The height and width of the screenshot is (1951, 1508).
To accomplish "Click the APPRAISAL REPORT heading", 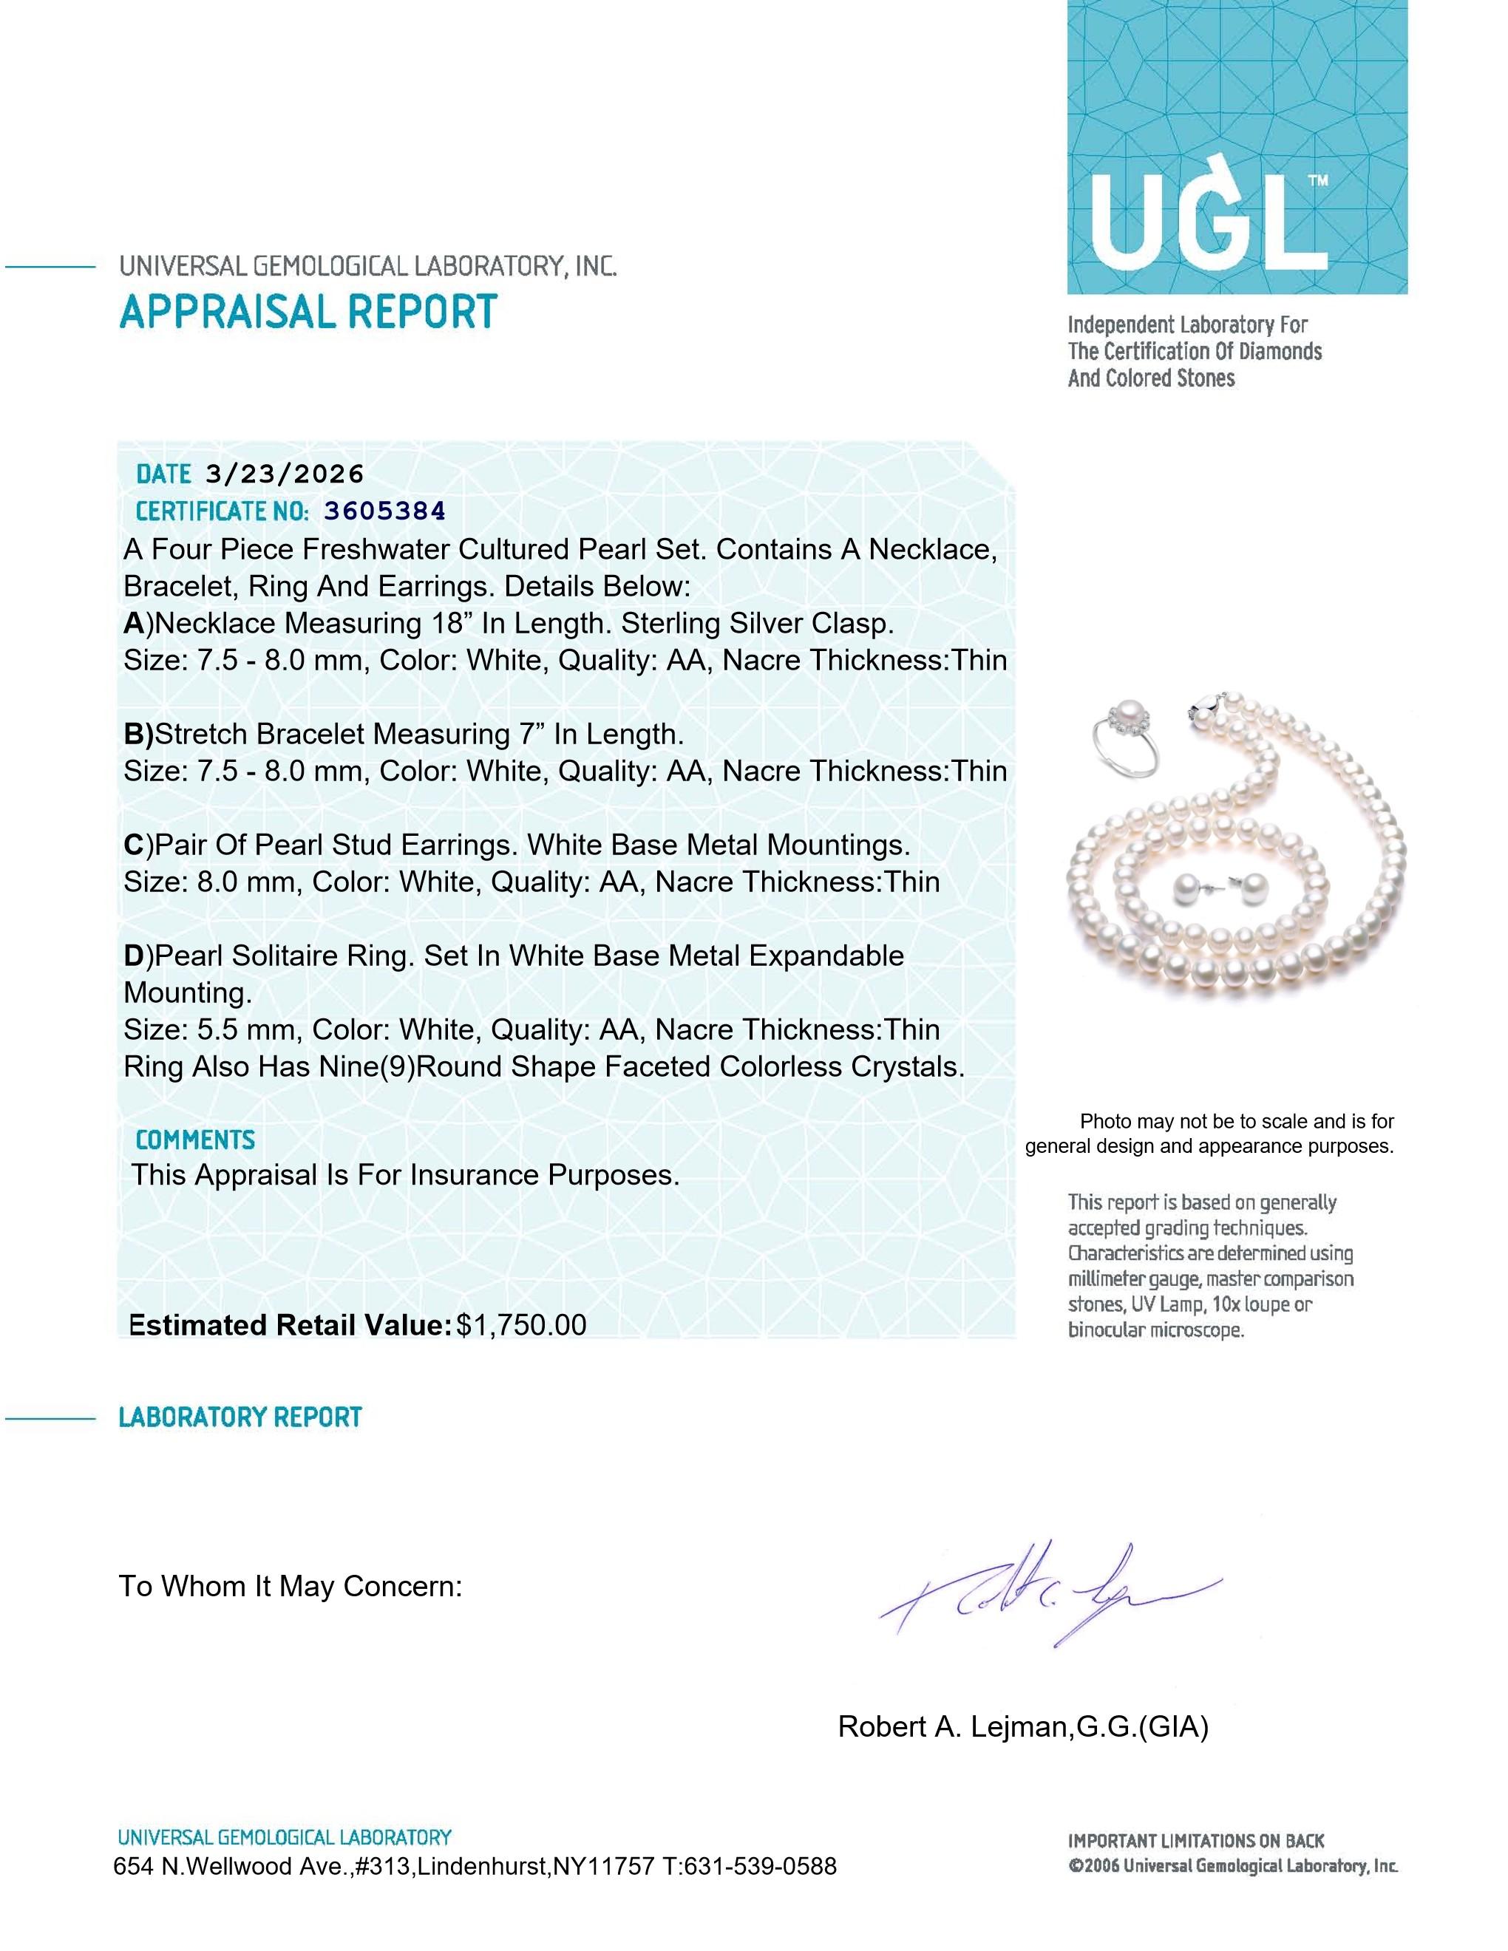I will pyautogui.click(x=308, y=312).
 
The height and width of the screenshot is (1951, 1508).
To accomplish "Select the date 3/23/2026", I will pyautogui.click(x=284, y=474).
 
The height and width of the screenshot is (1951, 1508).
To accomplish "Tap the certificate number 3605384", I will pyautogui.click(x=384, y=511).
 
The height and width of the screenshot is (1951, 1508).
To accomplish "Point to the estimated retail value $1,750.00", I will pyautogui.click(x=521, y=1325).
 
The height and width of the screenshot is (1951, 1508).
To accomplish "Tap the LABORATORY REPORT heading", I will pyautogui.click(x=240, y=1417).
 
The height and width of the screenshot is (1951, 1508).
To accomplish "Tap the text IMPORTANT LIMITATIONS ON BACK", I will pyautogui.click(x=1195, y=1841).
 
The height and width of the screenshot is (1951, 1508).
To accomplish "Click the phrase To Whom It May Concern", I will pyautogui.click(x=291, y=1587).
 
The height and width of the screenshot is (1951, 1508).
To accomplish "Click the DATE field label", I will pyautogui.click(x=163, y=474).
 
